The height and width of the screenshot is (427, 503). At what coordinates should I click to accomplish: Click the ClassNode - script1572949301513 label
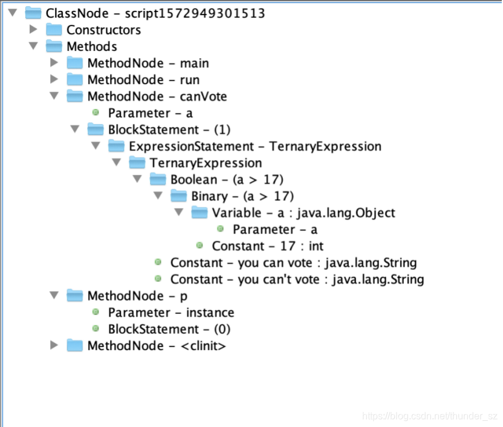(x=155, y=13)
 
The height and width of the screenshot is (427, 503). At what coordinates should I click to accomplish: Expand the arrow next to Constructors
(x=33, y=30)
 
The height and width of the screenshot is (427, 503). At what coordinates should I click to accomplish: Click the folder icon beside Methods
(x=54, y=47)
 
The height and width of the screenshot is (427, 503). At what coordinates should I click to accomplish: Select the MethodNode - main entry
(x=148, y=63)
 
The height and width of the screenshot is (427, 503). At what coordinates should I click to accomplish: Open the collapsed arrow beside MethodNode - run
(x=54, y=80)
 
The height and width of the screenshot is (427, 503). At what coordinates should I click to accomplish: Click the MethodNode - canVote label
(x=157, y=96)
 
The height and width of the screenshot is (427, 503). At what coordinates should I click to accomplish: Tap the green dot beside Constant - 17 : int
(x=200, y=246)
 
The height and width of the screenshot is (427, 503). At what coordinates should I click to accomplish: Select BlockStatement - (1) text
(x=169, y=129)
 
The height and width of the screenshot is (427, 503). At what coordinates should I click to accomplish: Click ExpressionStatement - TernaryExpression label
(x=255, y=146)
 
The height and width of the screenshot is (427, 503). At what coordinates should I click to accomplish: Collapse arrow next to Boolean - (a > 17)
(x=137, y=180)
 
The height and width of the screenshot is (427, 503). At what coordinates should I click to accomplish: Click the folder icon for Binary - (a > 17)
(x=180, y=196)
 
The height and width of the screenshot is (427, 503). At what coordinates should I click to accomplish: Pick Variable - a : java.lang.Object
(x=303, y=213)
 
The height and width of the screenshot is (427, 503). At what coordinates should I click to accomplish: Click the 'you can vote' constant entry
(x=293, y=262)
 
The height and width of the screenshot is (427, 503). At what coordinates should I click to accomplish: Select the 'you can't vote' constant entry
(x=297, y=279)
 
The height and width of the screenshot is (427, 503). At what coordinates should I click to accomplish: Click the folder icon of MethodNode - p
(x=75, y=296)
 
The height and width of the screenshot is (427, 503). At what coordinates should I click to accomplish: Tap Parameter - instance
(x=170, y=313)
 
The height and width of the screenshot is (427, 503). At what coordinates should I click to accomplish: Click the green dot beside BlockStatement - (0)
(x=96, y=329)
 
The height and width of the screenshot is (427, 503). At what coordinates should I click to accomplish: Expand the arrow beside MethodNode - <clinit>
(x=54, y=345)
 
